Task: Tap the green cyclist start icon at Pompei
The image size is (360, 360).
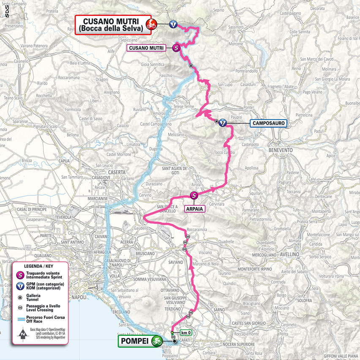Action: pyautogui.click(x=157, y=340)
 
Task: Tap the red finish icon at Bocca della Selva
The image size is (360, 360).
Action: pyautogui.click(x=150, y=25)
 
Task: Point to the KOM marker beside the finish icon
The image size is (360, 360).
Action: pyautogui.click(x=173, y=24)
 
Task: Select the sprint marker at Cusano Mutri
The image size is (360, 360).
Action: pyautogui.click(x=177, y=48)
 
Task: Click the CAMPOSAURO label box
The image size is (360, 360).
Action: pyautogui.click(x=268, y=123)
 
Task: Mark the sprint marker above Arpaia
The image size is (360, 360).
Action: pyautogui.click(x=194, y=195)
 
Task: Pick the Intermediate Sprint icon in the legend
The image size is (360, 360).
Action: pyautogui.click(x=19, y=276)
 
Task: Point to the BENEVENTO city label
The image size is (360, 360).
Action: pyautogui.click(x=280, y=150)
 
